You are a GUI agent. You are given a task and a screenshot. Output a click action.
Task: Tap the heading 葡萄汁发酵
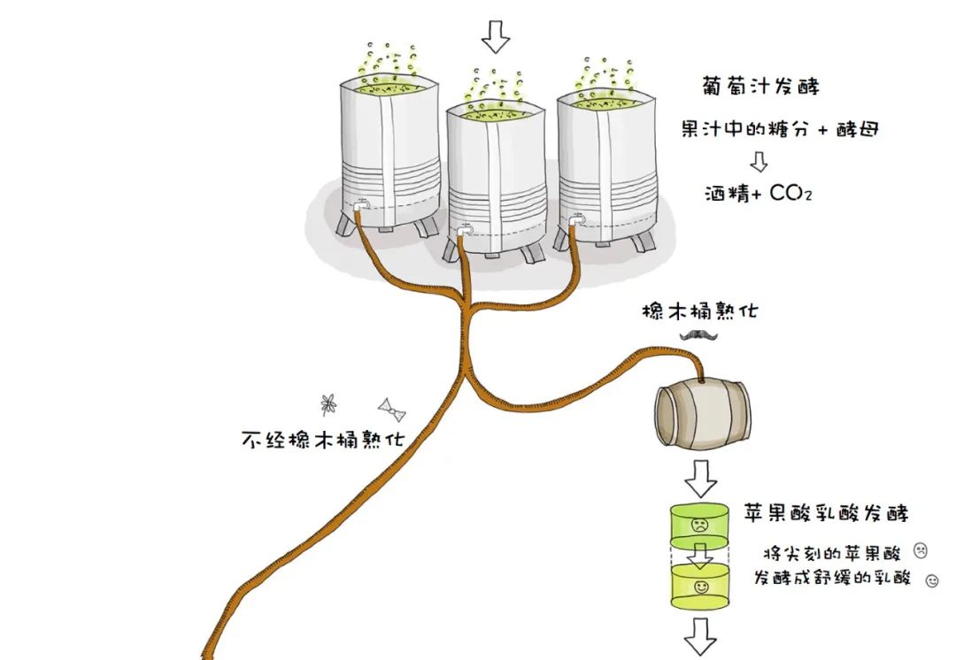[758, 87]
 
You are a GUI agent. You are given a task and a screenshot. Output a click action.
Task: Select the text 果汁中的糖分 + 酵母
[780, 129]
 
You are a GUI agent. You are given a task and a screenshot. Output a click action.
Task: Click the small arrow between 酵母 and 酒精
[758, 161]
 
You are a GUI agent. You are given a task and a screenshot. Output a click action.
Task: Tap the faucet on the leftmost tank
[359, 209]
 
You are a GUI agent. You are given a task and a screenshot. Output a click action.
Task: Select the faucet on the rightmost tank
[576, 218]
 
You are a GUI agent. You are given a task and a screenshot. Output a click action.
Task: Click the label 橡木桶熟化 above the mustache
[699, 311]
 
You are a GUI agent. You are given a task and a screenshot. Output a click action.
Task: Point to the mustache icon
[698, 334]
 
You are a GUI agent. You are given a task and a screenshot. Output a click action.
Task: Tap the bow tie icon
[391, 408]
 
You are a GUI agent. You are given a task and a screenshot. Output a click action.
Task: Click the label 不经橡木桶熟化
[323, 440]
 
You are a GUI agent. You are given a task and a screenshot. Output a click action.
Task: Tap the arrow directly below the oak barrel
[702, 478]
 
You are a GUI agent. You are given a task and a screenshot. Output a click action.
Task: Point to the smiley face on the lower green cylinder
[701, 587]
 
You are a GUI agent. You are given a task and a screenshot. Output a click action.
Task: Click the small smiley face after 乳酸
[930, 581]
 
